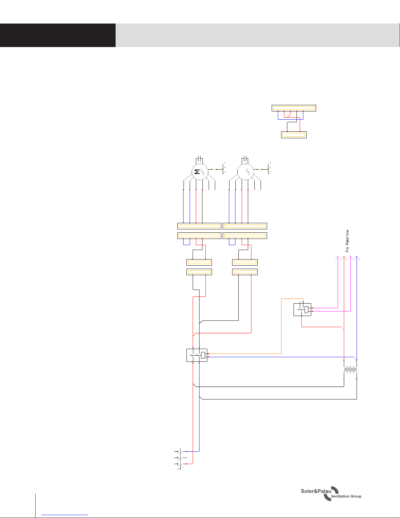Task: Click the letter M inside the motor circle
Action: (x=197, y=172)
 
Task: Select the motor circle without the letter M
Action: (x=246, y=172)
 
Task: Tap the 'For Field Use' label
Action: (x=347, y=241)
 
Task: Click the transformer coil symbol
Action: (x=350, y=369)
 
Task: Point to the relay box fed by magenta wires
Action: (x=302, y=309)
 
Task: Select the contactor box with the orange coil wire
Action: (x=197, y=355)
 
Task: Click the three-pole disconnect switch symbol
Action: (x=180, y=459)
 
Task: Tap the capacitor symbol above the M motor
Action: (x=200, y=159)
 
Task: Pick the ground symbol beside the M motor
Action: (x=224, y=168)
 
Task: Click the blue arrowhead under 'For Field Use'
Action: (x=357, y=258)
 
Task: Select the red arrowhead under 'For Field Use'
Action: (x=344, y=258)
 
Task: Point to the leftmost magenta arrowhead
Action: (x=338, y=258)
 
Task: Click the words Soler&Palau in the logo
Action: (x=316, y=491)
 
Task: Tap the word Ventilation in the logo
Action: (x=340, y=496)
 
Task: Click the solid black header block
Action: (x=57, y=35)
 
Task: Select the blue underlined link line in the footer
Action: (x=65, y=515)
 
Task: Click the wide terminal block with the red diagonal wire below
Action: (x=294, y=108)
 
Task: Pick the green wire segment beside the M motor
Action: (x=214, y=169)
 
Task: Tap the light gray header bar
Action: (x=258, y=35)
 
